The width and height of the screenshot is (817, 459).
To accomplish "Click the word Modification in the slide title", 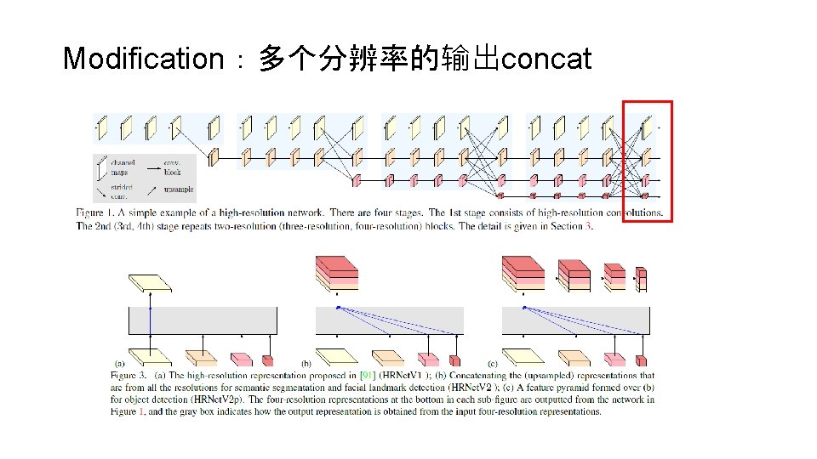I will pyautogui.click(x=142, y=59).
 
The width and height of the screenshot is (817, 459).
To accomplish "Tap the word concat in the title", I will pyautogui.click(x=546, y=59).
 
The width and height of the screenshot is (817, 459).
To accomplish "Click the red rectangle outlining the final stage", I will pyautogui.click(x=648, y=102).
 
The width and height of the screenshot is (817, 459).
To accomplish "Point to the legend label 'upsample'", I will pyautogui.click(x=178, y=190).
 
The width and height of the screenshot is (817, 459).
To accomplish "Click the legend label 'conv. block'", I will pyautogui.click(x=172, y=167).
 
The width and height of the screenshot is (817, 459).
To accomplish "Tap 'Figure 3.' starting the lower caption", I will pyautogui.click(x=129, y=375).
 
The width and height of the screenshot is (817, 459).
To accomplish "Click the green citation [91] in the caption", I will pyautogui.click(x=368, y=375).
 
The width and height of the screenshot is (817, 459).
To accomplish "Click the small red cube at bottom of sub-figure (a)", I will pyautogui.click(x=268, y=359).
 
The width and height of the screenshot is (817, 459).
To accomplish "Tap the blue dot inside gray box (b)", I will pyautogui.click(x=338, y=307).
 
